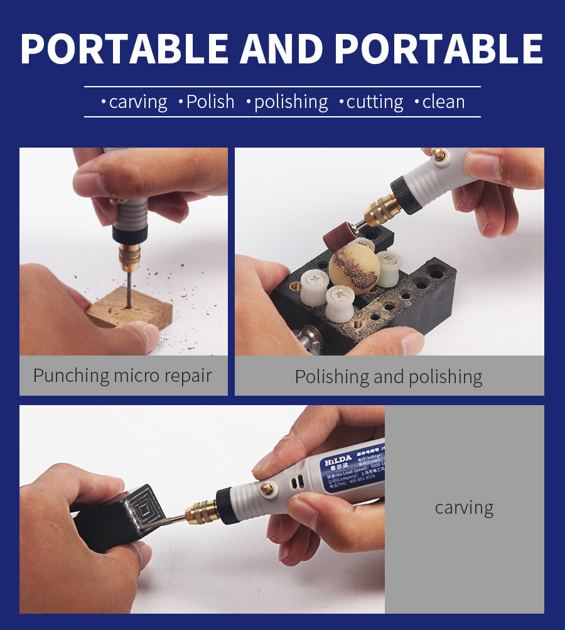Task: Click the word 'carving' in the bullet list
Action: (138, 102)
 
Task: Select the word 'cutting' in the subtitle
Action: (375, 102)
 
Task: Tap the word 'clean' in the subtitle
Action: (443, 102)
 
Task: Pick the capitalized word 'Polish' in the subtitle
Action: (210, 102)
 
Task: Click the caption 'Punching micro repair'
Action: (122, 376)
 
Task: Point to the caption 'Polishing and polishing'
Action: (389, 377)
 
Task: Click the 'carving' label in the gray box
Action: (464, 508)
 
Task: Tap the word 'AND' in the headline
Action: (281, 48)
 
